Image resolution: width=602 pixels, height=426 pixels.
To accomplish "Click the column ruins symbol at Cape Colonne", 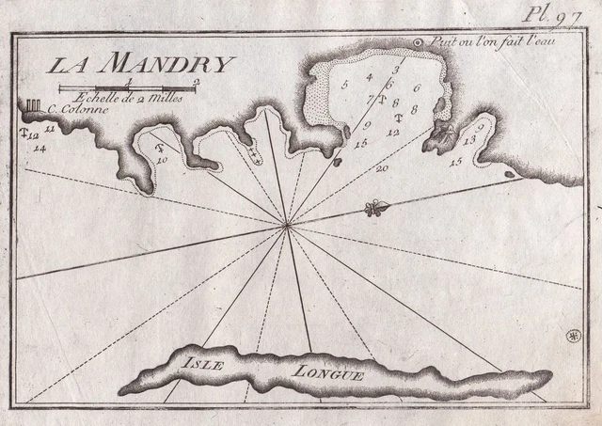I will click(33, 104).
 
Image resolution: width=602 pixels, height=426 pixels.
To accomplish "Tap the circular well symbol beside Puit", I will click(420, 42).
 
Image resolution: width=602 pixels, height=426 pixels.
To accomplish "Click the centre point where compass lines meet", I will click(287, 224).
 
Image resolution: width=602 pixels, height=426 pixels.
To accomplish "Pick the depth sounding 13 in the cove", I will click(470, 138).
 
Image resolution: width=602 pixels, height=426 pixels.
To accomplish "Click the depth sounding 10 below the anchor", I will click(163, 160).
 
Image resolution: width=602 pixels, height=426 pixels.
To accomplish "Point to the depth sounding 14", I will click(40, 148).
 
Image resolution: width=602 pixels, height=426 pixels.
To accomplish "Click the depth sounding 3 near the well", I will click(397, 69).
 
